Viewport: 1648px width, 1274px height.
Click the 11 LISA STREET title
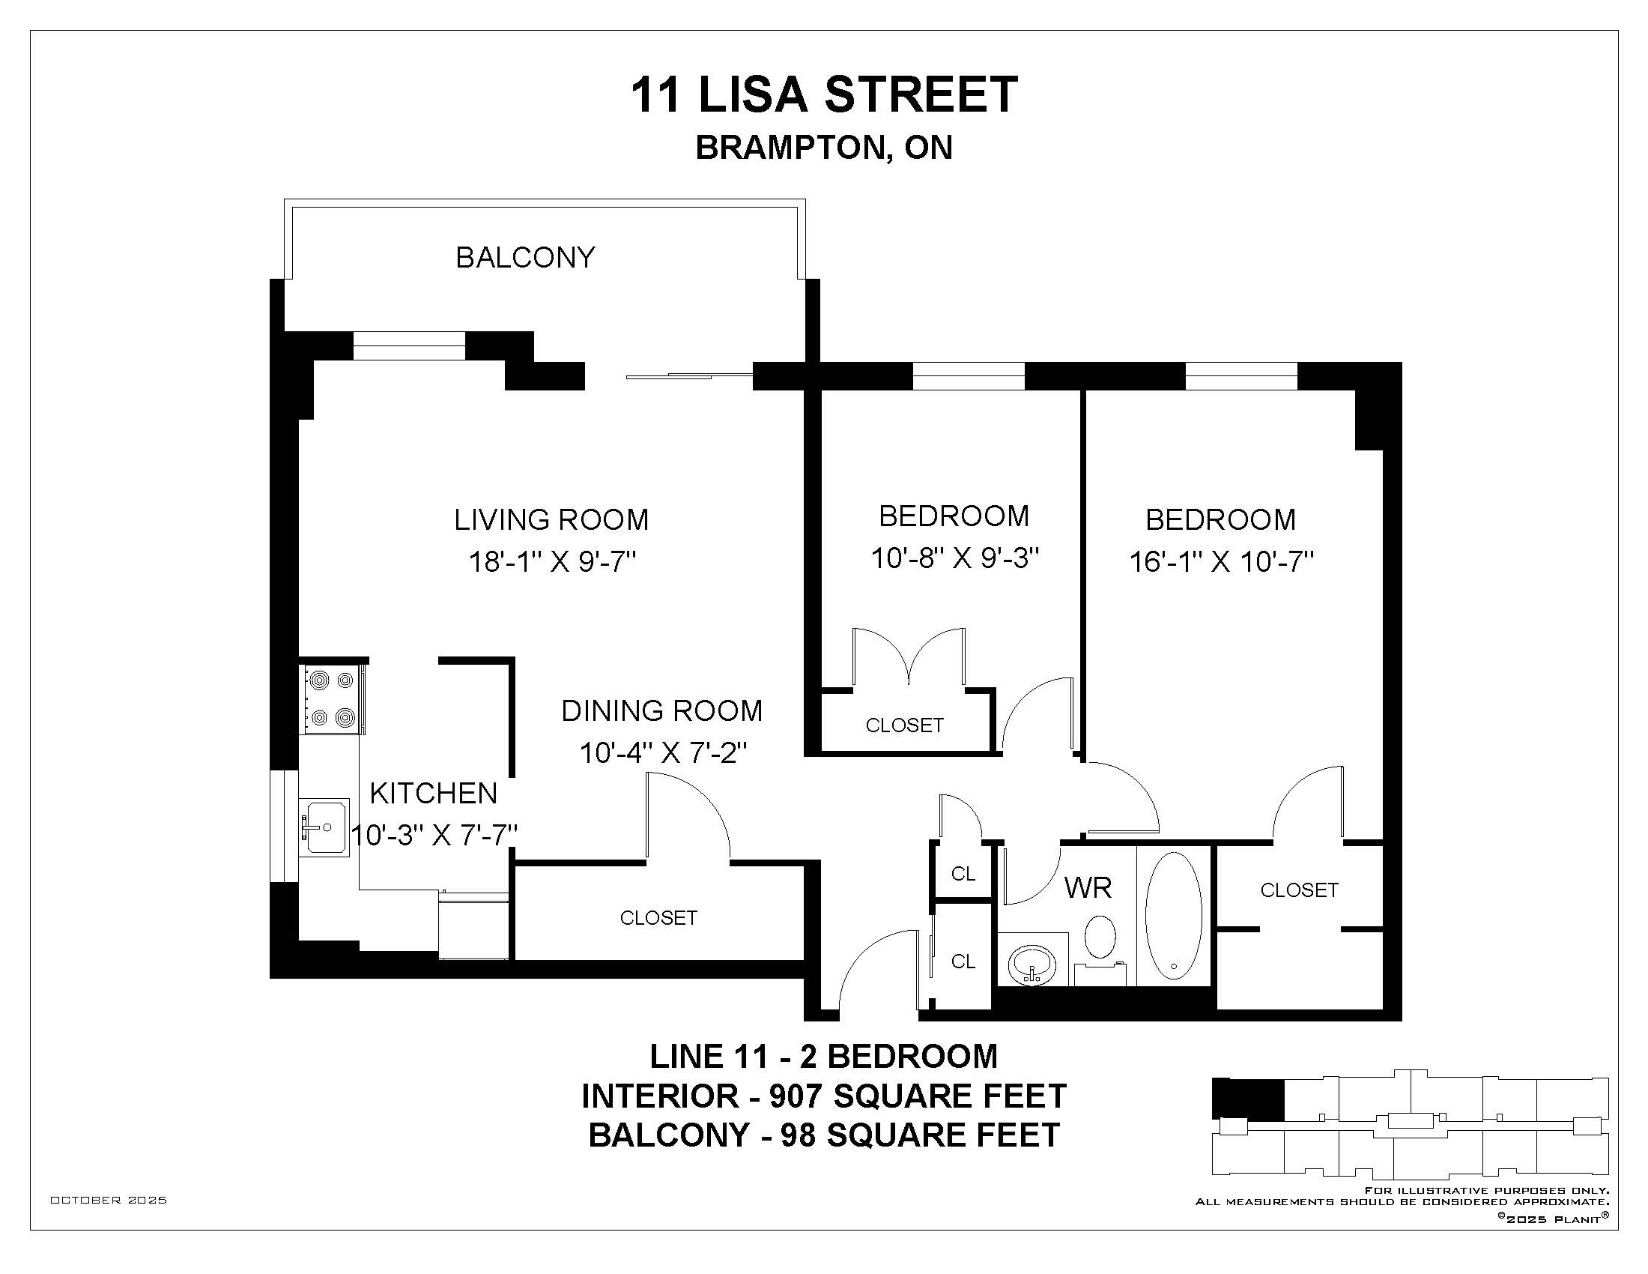824,95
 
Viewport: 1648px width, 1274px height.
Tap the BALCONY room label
525,258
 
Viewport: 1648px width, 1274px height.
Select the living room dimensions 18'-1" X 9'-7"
552,562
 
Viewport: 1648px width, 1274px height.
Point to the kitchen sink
325,828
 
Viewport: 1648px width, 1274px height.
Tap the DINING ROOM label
661,711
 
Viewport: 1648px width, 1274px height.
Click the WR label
1088,887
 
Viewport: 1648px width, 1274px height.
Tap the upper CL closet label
963,874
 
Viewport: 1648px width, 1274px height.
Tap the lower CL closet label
963,961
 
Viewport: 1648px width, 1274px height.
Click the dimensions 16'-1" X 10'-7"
1222,562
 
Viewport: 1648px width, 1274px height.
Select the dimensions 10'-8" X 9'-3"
955,559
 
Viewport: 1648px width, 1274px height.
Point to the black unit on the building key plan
1247,1099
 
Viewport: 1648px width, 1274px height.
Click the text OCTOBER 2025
109,1200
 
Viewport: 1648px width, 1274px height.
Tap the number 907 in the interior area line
802,1096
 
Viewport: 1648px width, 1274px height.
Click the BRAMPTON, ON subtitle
824,148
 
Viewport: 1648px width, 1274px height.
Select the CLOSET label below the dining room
658,918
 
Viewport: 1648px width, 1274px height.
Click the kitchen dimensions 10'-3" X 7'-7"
434,836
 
